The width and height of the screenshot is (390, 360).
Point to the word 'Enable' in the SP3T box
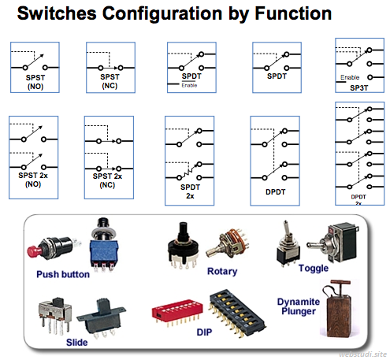pos(351,76)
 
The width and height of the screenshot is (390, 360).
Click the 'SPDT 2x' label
pos(189,189)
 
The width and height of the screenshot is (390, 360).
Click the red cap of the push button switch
pos(34,251)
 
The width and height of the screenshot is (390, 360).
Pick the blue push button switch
pos(104,247)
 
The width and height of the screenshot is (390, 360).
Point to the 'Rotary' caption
pos(221,271)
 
